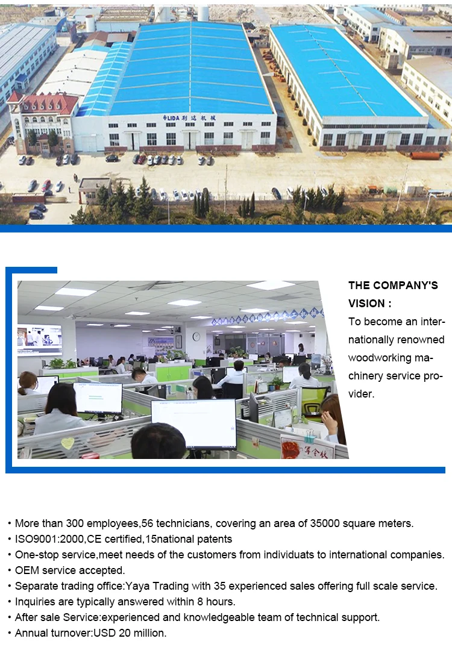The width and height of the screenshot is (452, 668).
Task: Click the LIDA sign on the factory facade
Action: click(x=189, y=117)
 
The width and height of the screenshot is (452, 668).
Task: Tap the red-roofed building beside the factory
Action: click(x=43, y=122)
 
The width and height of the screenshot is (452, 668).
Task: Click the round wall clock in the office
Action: click(x=196, y=337)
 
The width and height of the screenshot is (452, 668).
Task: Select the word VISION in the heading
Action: click(x=366, y=304)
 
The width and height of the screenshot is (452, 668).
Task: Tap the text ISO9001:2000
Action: click(x=49, y=539)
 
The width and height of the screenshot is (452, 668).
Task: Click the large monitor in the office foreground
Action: click(x=193, y=424)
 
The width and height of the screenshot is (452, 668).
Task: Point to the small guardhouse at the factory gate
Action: click(x=94, y=190)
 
